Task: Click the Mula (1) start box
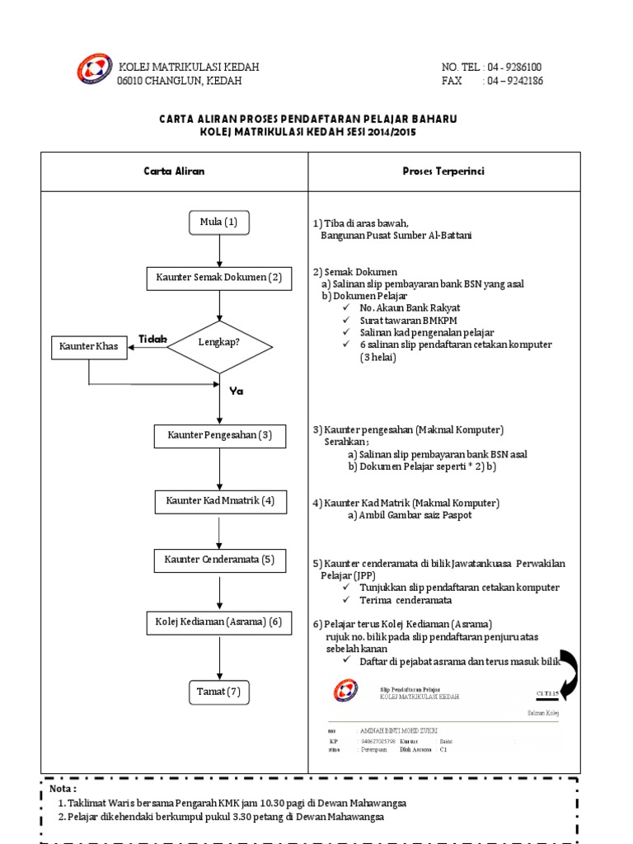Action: click(218, 222)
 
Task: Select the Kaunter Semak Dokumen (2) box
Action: click(218, 278)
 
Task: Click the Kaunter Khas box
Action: click(89, 346)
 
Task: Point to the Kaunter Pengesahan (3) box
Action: click(219, 434)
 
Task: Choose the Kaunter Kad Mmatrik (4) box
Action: click(219, 500)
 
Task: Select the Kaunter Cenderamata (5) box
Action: click(219, 561)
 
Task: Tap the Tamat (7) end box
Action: click(218, 692)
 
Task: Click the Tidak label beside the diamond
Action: click(152, 339)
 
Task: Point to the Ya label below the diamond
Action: click(237, 392)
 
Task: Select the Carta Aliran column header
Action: click(175, 171)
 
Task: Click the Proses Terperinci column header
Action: click(443, 171)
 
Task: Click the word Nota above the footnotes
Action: click(63, 789)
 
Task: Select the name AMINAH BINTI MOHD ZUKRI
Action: click(398, 731)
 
